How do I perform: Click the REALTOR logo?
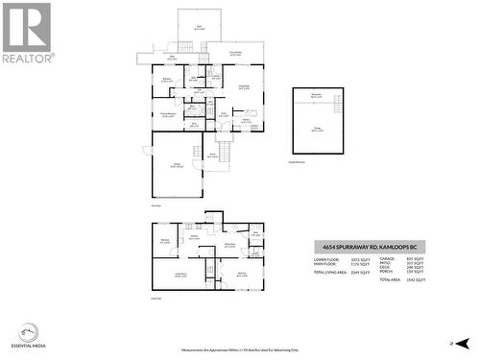[26, 33]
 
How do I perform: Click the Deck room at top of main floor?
[199, 27]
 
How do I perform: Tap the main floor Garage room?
[177, 165]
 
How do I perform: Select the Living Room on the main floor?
[244, 88]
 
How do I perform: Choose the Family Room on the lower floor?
[180, 276]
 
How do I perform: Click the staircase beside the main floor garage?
[226, 152]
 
